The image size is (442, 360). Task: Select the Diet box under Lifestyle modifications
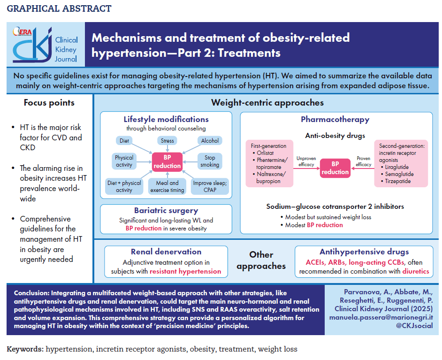pyautogui.click(x=124, y=140)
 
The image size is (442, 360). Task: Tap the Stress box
pyautogui.click(x=167, y=140)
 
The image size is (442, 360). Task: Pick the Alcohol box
pyautogui.click(x=210, y=140)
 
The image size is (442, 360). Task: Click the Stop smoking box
pyautogui.click(x=209, y=161)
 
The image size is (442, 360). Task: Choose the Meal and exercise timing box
pyautogui.click(x=167, y=186)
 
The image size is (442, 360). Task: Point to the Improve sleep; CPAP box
pyautogui.click(x=210, y=186)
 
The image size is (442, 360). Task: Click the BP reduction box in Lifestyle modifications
pyautogui.click(x=167, y=161)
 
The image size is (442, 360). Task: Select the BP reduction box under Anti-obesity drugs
pyautogui.click(x=335, y=168)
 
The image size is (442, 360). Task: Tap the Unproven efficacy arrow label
pyautogui.click(x=306, y=161)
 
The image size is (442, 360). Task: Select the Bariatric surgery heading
pyautogui.click(x=166, y=210)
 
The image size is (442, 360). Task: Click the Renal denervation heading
pyautogui.click(x=166, y=252)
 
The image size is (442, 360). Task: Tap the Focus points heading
pyautogui.click(x=49, y=103)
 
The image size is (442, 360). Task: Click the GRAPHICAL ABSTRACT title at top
pyautogui.click(x=59, y=9)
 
